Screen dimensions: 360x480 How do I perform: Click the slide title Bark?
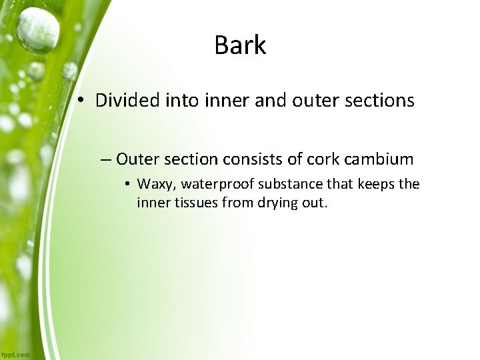(x=240, y=45)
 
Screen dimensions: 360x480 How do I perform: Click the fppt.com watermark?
(x=15, y=355)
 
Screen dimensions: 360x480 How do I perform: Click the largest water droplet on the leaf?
(x=37, y=29)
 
